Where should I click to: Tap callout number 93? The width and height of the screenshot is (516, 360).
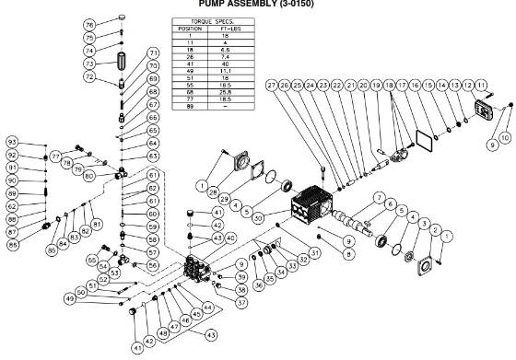(12, 143)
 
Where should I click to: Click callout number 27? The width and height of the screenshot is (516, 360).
(273, 86)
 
